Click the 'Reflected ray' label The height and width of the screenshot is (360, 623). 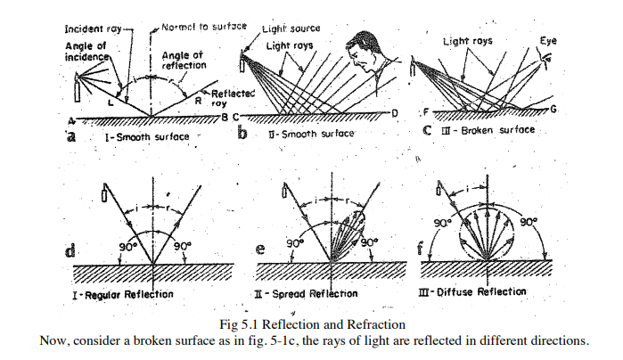coord(230,96)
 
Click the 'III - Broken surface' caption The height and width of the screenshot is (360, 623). coord(493,129)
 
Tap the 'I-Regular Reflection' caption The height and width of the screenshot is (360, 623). coord(124,293)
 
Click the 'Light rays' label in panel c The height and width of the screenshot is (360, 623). coord(470,42)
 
